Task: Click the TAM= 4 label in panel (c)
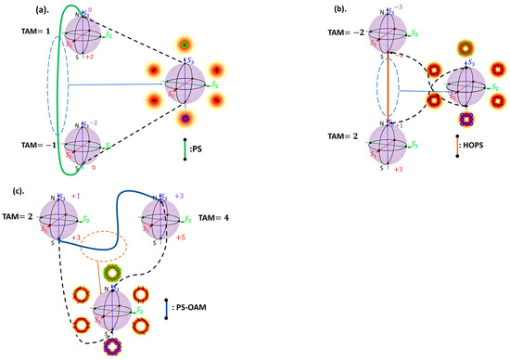215,220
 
